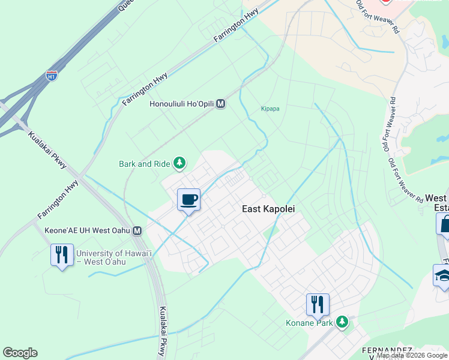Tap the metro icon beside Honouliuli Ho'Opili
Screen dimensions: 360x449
coord(220,103)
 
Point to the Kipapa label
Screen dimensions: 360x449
coord(270,109)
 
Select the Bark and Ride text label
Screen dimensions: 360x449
coord(144,163)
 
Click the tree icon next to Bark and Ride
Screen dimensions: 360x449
coord(178,163)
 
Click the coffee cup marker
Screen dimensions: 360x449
coord(188,200)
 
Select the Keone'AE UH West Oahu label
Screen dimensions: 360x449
coord(88,230)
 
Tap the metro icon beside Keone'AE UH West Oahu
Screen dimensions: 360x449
coord(138,230)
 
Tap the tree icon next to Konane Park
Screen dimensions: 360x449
coord(342,323)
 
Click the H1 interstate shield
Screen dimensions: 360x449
coord(52,76)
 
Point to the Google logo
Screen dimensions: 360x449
coord(20,353)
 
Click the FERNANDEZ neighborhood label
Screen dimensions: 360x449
coord(387,350)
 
